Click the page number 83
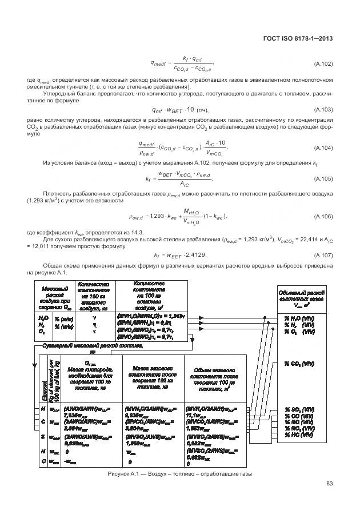click(x=329, y=485)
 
